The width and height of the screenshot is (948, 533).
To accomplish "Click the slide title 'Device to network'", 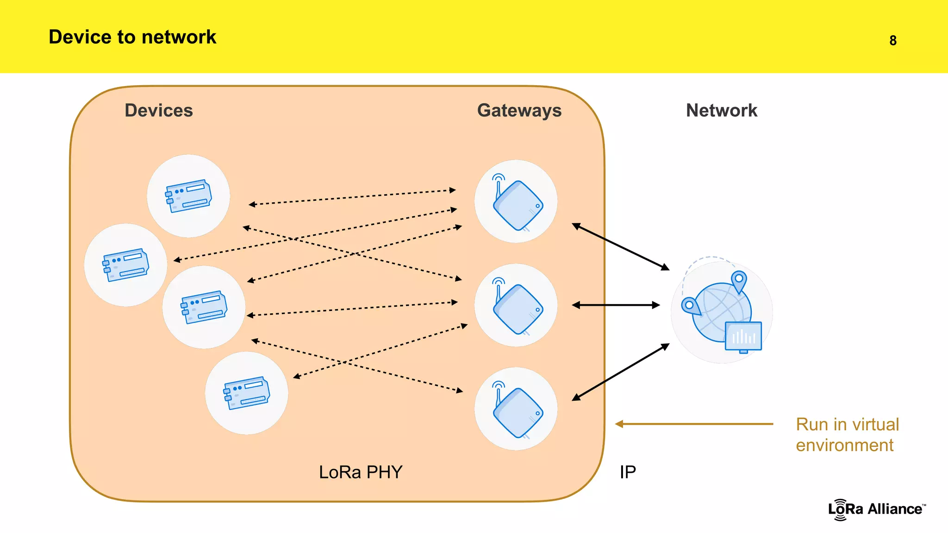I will point(132,37).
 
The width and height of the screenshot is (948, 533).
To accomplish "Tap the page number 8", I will point(893,41).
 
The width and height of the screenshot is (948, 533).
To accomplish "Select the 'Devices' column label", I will point(158,111).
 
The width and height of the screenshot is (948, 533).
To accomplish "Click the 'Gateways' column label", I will point(519,111).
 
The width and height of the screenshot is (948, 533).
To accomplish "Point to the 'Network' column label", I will point(721,111).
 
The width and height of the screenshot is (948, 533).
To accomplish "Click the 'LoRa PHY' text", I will point(361,472).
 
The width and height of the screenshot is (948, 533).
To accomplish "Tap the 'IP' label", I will point(628,472).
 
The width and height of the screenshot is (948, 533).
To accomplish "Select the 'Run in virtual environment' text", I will point(847,434).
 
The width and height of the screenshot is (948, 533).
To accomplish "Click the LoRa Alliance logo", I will point(876,509).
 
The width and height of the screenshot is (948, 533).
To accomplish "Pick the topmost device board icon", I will point(188,196).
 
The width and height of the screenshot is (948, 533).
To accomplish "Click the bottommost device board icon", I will point(246,393).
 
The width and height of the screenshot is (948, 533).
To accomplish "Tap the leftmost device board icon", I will point(125,265).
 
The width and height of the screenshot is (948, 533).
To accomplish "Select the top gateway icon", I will point(516,202).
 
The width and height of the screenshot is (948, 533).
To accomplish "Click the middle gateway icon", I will point(516,305).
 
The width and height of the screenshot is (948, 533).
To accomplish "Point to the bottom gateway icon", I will point(516,409).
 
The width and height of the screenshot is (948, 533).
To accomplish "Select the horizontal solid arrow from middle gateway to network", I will point(616,305).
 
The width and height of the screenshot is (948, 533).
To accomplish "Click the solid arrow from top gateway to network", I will point(620,247).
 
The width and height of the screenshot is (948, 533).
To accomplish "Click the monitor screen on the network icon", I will point(743,336).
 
